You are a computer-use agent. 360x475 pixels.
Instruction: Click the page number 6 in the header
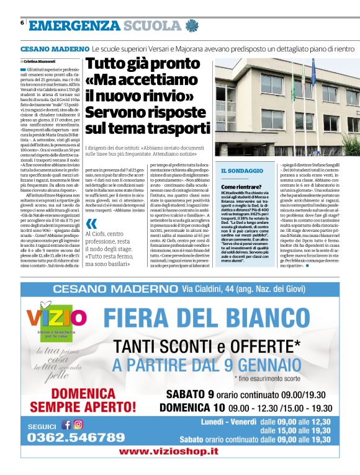pyautogui.click(x=22, y=23)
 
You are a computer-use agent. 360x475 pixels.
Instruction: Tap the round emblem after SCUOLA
pyautogui.click(x=191, y=25)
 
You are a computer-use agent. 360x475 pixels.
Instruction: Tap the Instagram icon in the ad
pyautogui.click(x=78, y=425)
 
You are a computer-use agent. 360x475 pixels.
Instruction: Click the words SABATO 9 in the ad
pyautogui.click(x=189, y=394)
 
